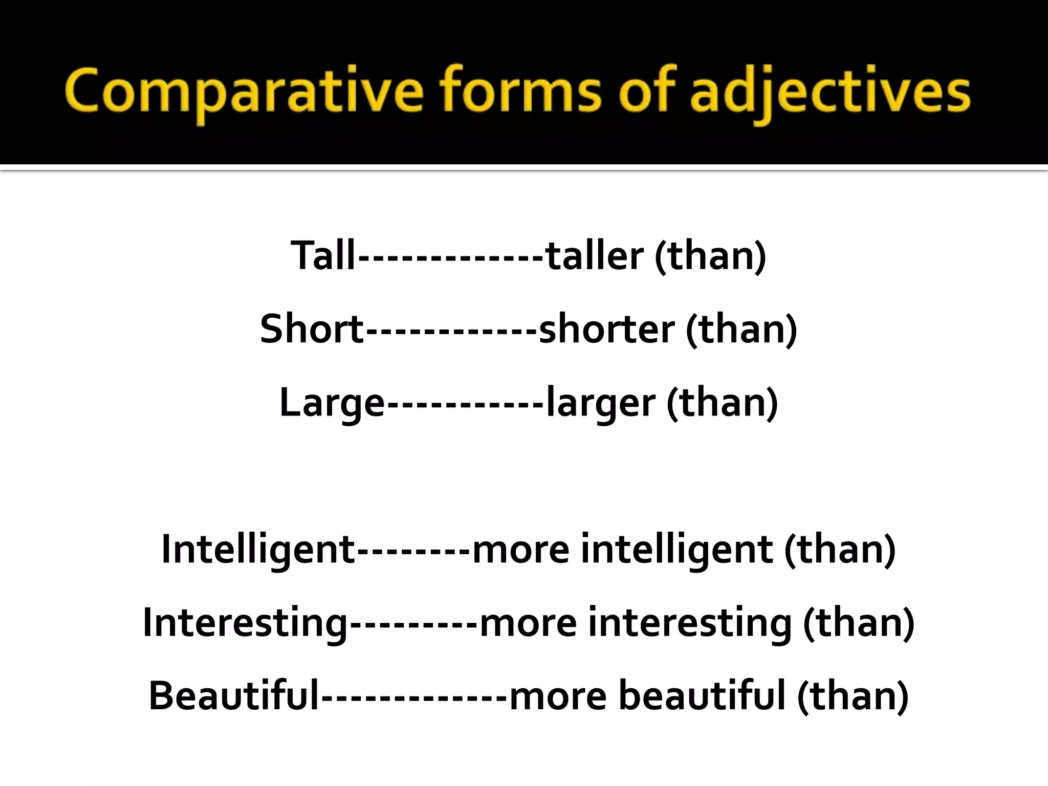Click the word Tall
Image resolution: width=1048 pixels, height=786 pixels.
322,255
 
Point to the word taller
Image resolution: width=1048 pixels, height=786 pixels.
594,255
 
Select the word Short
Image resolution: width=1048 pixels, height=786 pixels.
311,329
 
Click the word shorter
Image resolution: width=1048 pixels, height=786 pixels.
606,329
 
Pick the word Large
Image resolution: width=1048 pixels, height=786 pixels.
332,403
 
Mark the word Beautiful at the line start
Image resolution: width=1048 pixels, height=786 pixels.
233,696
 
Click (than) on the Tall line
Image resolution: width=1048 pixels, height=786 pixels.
710,255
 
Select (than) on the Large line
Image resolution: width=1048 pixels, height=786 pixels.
722,402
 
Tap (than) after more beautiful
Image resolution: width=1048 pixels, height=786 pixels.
853,696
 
